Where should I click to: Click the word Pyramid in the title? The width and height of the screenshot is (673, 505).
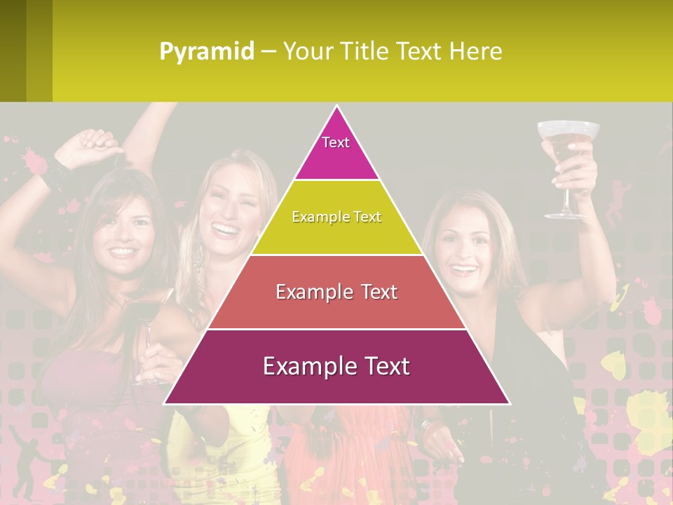coord(207,52)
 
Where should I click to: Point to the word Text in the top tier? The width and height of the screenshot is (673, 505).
coord(336,142)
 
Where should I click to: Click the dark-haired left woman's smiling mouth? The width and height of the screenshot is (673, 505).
coord(122,250)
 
